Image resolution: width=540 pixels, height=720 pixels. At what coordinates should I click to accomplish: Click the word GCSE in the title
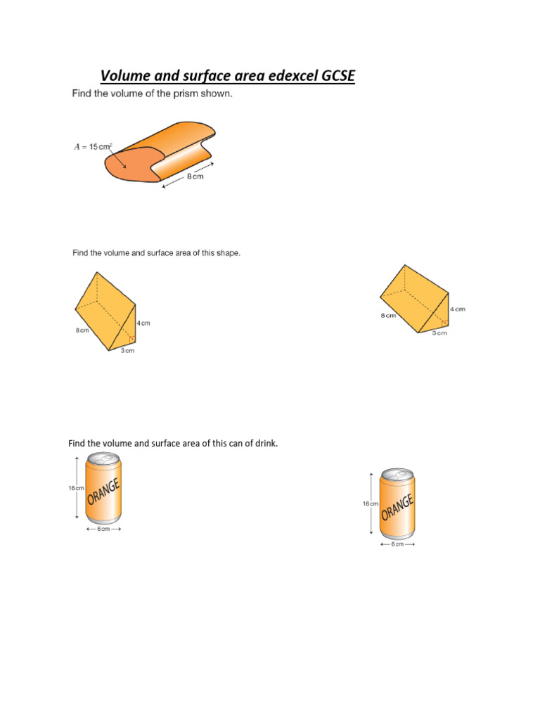(x=331, y=75)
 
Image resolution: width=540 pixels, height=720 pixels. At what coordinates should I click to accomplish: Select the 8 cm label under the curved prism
(x=195, y=178)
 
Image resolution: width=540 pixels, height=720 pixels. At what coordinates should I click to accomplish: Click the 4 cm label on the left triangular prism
(x=143, y=323)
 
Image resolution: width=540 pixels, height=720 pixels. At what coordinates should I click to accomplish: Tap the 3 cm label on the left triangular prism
(x=127, y=350)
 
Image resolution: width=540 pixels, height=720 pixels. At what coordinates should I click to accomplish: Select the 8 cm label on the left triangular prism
(x=82, y=330)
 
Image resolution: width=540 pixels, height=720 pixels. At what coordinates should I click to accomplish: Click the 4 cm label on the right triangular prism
(x=457, y=309)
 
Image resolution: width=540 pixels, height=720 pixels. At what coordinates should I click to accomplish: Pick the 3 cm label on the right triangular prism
(x=439, y=333)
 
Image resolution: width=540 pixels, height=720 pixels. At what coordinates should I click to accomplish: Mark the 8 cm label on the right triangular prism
(x=387, y=316)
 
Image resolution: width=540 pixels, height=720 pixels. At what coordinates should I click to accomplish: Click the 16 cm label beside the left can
(x=77, y=487)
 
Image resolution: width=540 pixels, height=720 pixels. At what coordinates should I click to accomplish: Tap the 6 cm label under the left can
(x=103, y=529)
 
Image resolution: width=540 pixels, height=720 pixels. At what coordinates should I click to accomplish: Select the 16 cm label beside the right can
(x=371, y=503)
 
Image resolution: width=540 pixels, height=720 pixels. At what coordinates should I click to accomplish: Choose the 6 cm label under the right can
(x=397, y=544)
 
